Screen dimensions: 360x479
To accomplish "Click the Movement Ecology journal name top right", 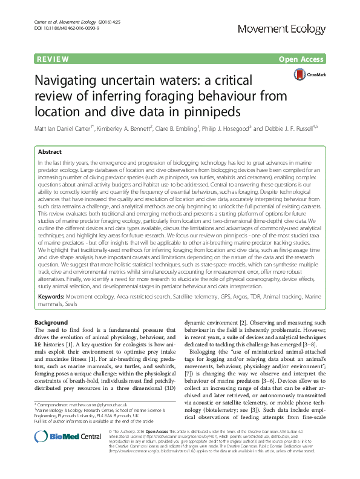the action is pyautogui.click(x=291, y=29).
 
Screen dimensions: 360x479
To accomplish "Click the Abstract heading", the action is pyautogui.click(x=50, y=152).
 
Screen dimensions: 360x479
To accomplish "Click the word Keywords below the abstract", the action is pyautogui.click(x=51, y=297).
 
